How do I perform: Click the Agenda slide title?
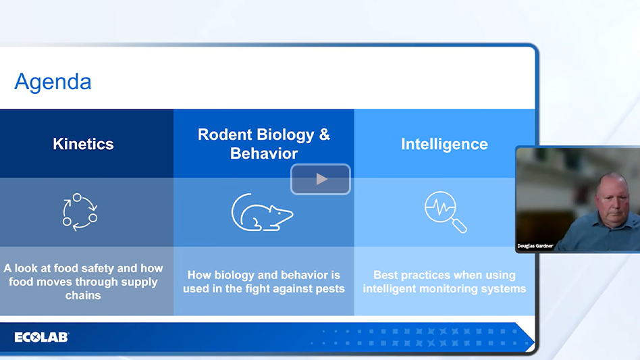coord(53,82)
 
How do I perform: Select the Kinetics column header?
coord(83,144)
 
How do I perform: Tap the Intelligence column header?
coord(444,144)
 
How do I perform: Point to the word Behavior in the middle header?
coord(264,153)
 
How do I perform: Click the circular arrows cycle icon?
coord(80,211)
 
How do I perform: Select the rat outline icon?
coord(262,213)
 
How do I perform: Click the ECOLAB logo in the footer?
coord(41,337)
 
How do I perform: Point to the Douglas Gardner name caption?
coord(535,246)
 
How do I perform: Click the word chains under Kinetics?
coord(83,295)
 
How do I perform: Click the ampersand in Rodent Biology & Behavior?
coord(323,134)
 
